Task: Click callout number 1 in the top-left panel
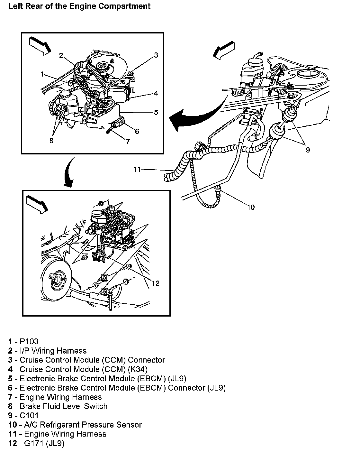tap(42, 74)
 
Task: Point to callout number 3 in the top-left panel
tap(156, 55)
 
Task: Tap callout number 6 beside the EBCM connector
tap(137, 131)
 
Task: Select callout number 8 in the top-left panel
tap(52, 141)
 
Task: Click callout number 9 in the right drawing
tap(308, 150)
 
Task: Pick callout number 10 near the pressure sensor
tap(250, 207)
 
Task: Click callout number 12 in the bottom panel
tap(156, 283)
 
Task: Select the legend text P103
tap(29, 341)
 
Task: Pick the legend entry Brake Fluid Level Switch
tap(63, 406)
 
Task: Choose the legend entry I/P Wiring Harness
tap(53, 351)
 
